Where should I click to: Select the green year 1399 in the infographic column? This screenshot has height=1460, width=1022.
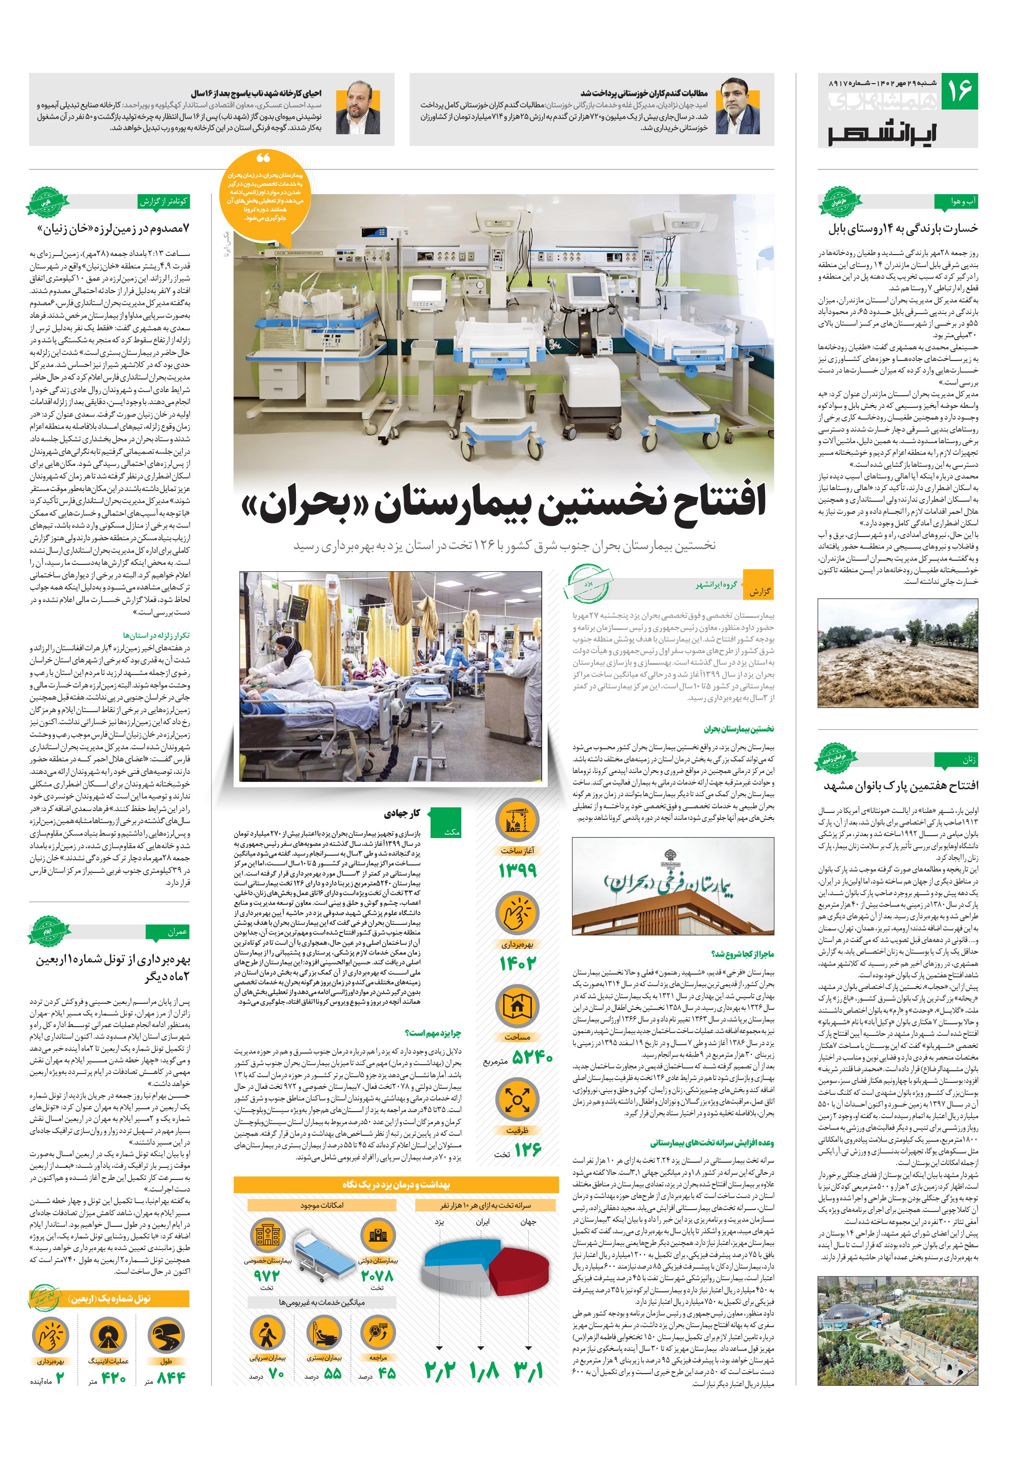coord(518,869)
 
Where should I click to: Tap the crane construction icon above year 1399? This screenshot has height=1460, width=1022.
coord(518,820)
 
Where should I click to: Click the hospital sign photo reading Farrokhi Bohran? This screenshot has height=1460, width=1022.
coord(672,885)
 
